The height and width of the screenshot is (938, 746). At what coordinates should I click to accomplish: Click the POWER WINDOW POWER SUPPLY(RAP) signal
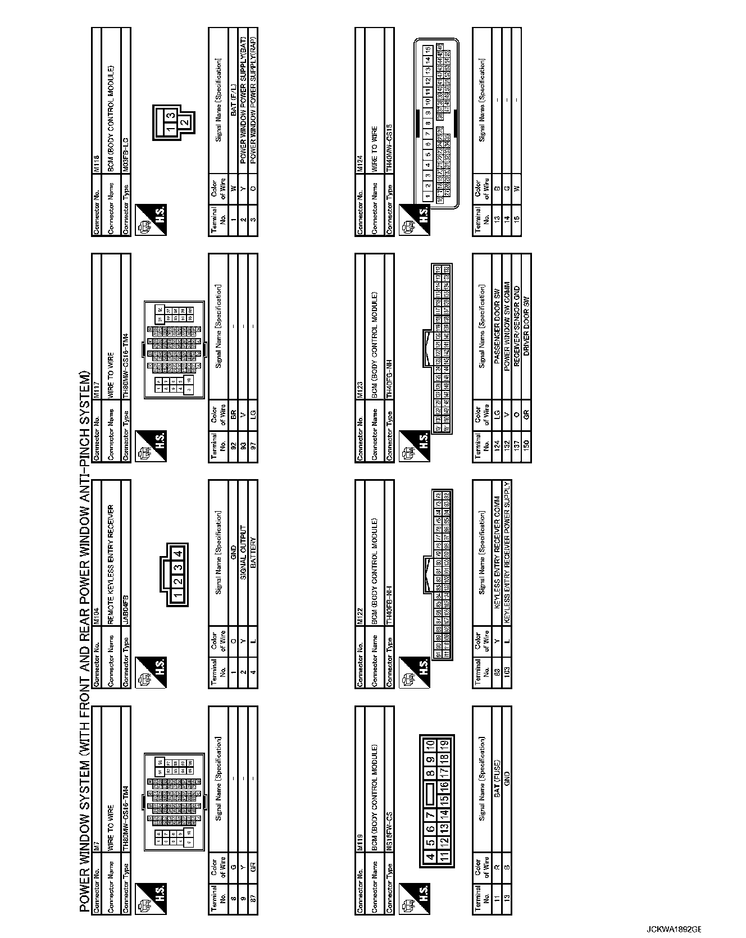click(x=253, y=103)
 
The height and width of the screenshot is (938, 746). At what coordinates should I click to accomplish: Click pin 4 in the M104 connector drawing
click(x=178, y=553)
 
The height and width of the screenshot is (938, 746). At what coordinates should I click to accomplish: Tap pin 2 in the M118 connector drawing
click(x=185, y=121)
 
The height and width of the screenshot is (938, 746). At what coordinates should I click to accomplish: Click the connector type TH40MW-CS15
click(x=389, y=153)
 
